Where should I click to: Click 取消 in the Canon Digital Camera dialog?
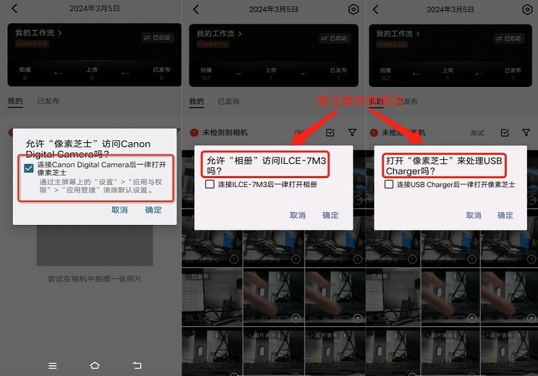coord(120,210)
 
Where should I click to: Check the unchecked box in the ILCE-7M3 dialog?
coord(211,184)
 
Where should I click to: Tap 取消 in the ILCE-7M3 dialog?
coord(298,215)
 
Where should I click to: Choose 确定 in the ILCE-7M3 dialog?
coord(330,215)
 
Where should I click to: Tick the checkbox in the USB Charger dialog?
coord(389,184)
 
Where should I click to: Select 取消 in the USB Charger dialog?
coord(473,215)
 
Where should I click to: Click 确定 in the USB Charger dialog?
coord(505,215)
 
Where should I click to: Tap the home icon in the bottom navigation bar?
coord(94,365)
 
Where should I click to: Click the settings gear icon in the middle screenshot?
coord(353,10)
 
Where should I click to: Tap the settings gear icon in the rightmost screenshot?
coord(527,10)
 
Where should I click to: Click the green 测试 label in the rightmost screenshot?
coord(478,133)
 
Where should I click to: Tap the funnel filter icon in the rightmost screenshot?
coord(525,133)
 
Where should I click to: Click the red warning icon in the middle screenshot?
coord(194,133)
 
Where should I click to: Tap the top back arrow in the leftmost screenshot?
coord(15,9)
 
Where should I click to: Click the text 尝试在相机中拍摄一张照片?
coord(94,279)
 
